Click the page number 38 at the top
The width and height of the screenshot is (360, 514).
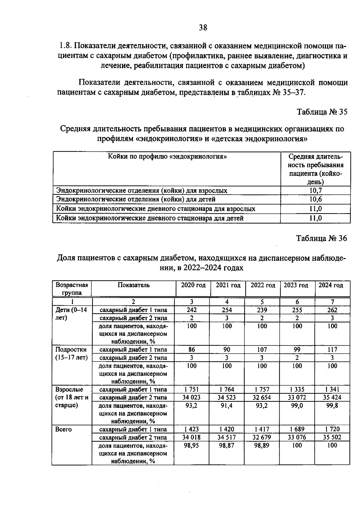pyautogui.click(x=203, y=28)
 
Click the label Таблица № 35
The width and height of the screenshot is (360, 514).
pyautogui.click(x=322, y=112)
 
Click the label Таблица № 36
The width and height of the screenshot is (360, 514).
pyautogui.click(x=322, y=238)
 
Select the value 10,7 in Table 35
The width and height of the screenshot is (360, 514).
pyautogui.click(x=316, y=191)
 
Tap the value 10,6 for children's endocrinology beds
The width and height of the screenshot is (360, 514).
pyautogui.click(x=316, y=199)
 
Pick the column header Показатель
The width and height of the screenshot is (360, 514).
pyautogui.click(x=133, y=285)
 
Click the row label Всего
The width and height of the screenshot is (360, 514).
pyautogui.click(x=64, y=429)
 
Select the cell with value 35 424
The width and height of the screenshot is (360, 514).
pyautogui.click(x=332, y=398)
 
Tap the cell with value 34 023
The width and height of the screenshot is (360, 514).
pyautogui.click(x=191, y=398)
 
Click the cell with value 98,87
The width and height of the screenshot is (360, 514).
pyautogui.click(x=227, y=445)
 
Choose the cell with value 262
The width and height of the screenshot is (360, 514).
pyautogui.click(x=332, y=310)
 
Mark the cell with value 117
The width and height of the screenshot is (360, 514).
pyautogui.click(x=332, y=350)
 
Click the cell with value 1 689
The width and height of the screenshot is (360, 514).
pyautogui.click(x=297, y=429)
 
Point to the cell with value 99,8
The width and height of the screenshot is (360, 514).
pyautogui.click(x=332, y=406)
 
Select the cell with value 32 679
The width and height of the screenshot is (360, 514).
pyautogui.click(x=262, y=437)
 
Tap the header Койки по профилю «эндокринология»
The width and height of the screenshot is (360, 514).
pyautogui.click(x=167, y=157)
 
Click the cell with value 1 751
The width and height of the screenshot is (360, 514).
pyautogui.click(x=191, y=389)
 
